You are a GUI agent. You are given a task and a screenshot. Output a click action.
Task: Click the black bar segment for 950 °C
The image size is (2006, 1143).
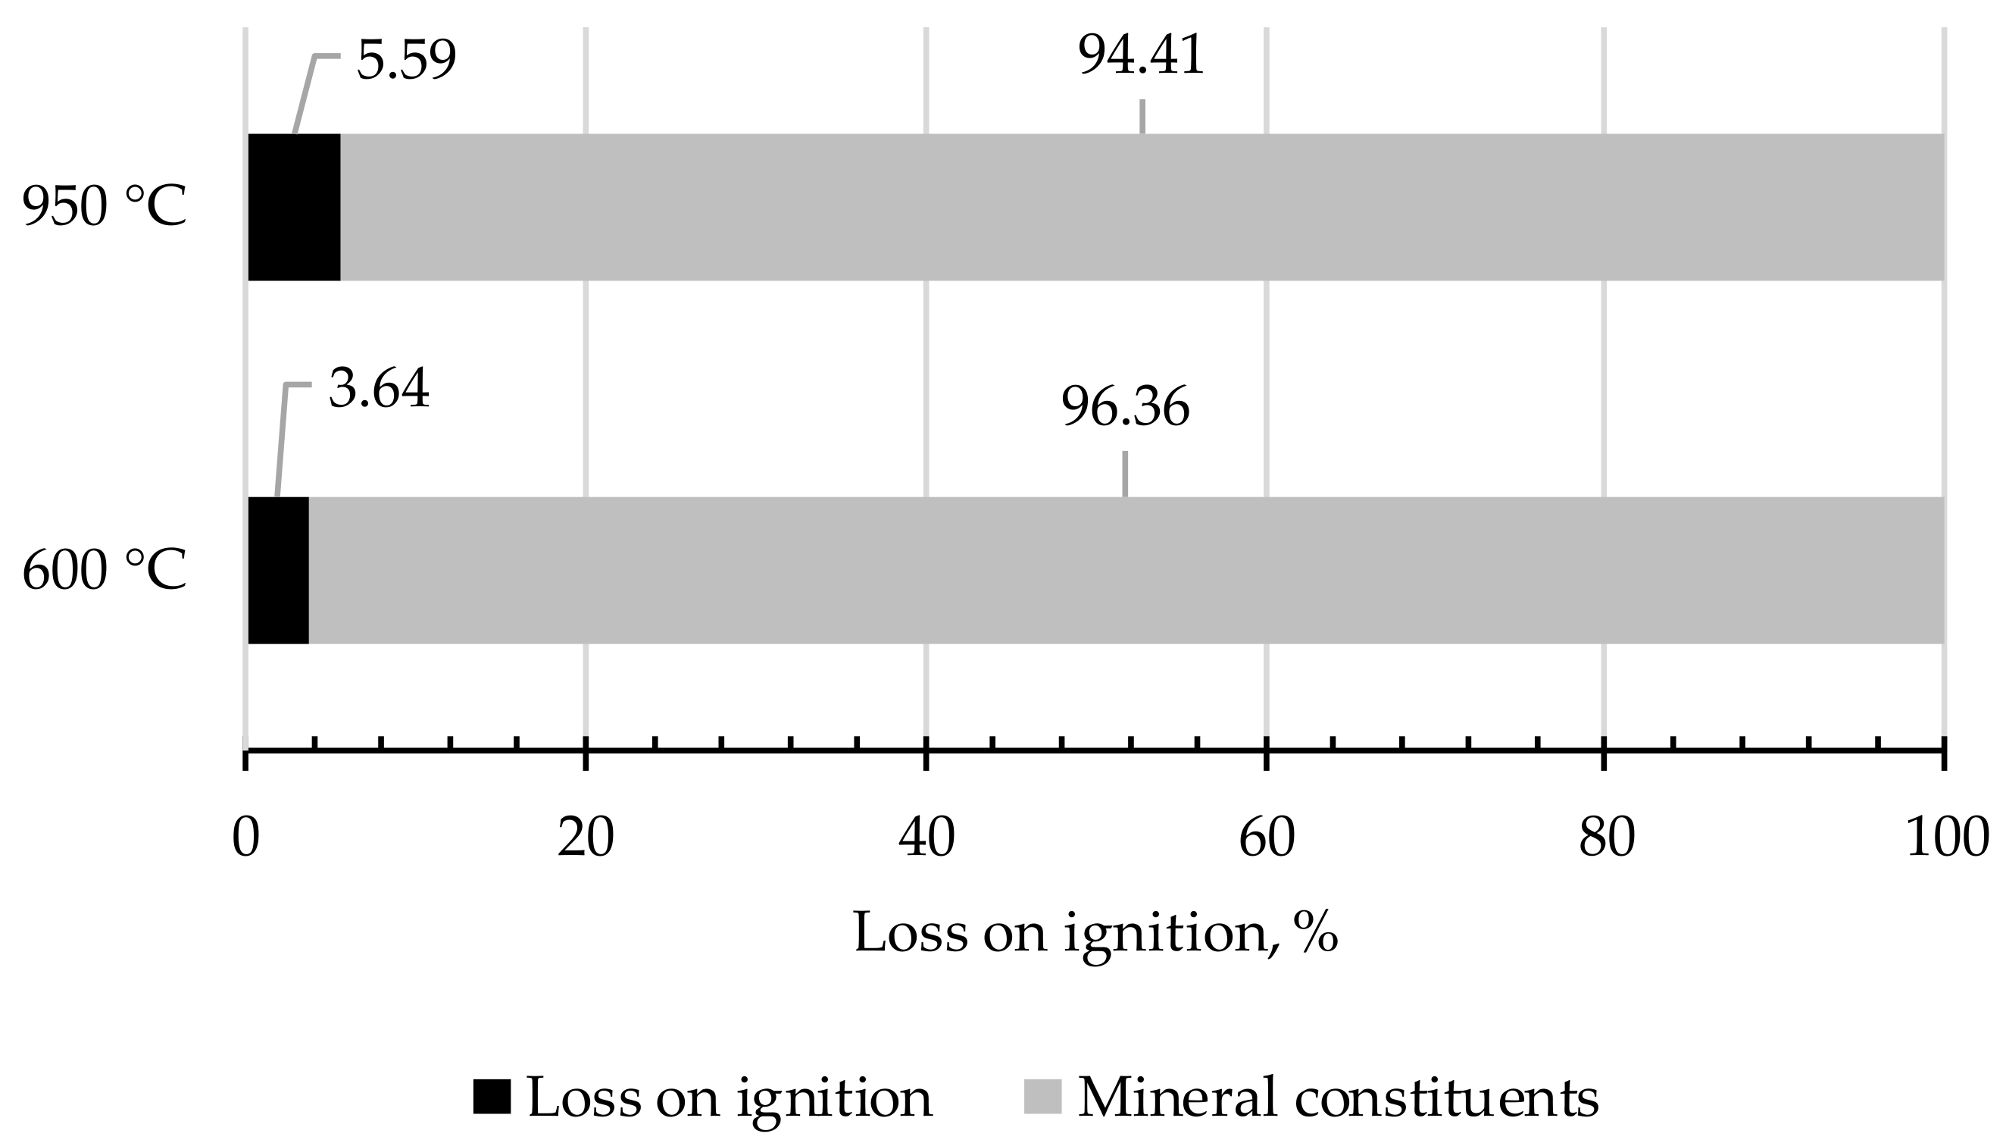click(294, 206)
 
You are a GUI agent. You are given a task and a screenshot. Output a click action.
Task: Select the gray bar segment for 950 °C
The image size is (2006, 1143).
click(1142, 206)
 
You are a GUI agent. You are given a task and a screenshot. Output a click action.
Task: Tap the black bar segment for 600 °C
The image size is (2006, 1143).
click(279, 570)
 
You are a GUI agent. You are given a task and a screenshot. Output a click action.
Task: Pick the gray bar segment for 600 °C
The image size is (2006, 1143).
click(1126, 570)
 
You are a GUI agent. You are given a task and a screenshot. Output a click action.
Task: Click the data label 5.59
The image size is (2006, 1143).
click(405, 61)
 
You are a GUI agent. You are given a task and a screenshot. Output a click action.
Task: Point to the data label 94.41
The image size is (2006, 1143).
click(1141, 56)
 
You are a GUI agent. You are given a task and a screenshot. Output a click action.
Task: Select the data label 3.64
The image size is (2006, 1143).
click(379, 389)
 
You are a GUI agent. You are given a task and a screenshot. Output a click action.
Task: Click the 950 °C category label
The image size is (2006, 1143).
click(105, 207)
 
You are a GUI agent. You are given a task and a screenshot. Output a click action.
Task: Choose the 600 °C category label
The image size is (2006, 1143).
click(105, 571)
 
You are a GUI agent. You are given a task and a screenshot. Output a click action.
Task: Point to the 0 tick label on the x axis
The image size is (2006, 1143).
click(245, 838)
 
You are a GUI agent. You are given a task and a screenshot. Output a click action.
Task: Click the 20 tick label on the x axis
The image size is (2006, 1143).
click(586, 838)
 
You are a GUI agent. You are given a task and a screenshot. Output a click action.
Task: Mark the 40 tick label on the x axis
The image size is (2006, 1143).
click(926, 838)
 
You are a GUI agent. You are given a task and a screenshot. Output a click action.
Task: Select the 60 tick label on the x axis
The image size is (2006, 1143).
click(1266, 838)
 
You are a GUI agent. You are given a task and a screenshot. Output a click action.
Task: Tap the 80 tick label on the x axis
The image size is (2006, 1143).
click(1606, 838)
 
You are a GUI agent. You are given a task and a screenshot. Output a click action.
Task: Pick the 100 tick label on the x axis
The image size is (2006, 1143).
click(1946, 838)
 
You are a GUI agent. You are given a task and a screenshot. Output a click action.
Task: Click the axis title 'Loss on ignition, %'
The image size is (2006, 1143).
click(1095, 933)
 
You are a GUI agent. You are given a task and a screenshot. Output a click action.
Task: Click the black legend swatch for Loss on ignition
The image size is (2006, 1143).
click(492, 1098)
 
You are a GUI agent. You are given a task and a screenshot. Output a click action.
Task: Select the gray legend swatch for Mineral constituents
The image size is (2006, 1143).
click(1042, 1098)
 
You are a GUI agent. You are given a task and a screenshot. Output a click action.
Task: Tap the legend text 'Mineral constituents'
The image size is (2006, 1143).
click(1339, 1098)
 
